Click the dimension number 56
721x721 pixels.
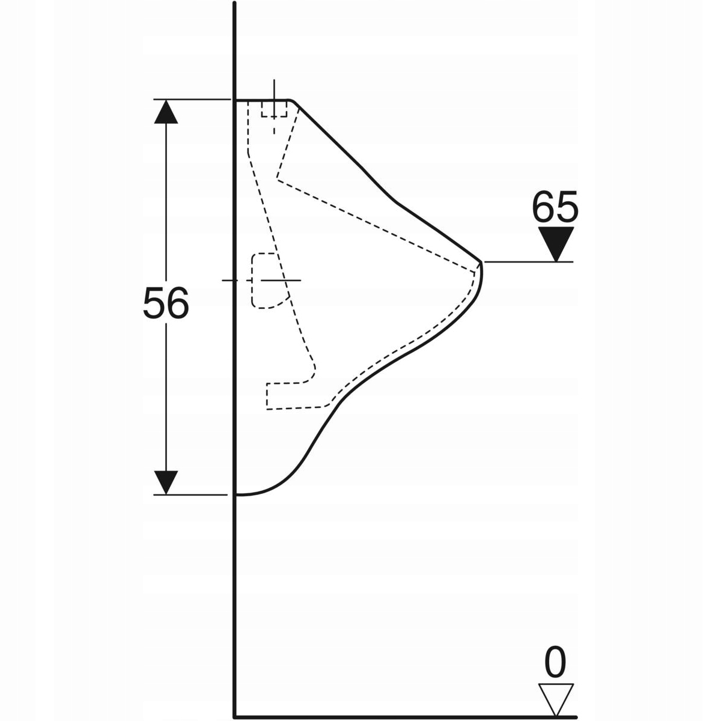pyautogui.click(x=166, y=303)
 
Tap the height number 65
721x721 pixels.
pyautogui.click(x=555, y=207)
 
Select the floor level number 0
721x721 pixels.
pyautogui.click(x=555, y=663)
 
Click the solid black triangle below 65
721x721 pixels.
pyautogui.click(x=556, y=242)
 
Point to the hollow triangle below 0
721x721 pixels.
pyautogui.click(x=556, y=698)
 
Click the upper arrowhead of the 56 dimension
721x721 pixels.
pyautogui.click(x=166, y=112)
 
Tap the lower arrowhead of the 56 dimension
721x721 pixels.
pyautogui.click(x=166, y=482)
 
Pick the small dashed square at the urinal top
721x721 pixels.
pyautogui.click(x=274, y=108)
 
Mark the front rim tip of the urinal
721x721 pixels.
pyautogui.click(x=482, y=262)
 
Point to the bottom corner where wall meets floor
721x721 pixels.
pyautogui.click(x=234, y=716)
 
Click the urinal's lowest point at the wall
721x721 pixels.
pyautogui.click(x=238, y=494)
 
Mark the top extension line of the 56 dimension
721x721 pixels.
pyautogui.click(x=192, y=99)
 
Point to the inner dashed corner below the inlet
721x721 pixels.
pyautogui.click(x=278, y=178)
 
